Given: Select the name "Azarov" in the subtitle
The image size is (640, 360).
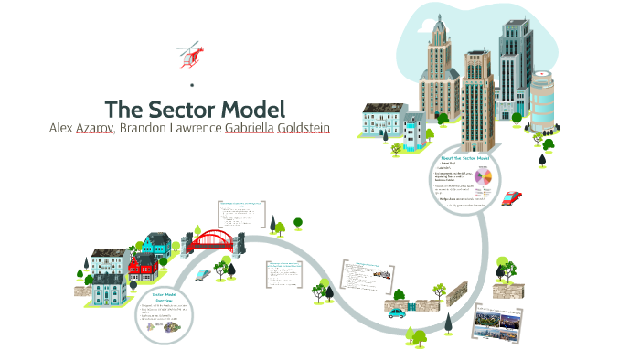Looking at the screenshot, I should (x=93, y=128).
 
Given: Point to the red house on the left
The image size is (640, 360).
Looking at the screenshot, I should (x=143, y=267).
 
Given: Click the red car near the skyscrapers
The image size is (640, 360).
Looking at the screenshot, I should (x=512, y=197).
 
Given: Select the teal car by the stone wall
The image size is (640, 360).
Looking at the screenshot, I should (x=397, y=312).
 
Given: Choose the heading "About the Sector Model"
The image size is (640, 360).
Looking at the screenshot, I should (x=465, y=158).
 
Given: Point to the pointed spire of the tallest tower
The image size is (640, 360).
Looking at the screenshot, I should (x=437, y=18).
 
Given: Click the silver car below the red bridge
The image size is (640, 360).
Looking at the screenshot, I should (x=202, y=271).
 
